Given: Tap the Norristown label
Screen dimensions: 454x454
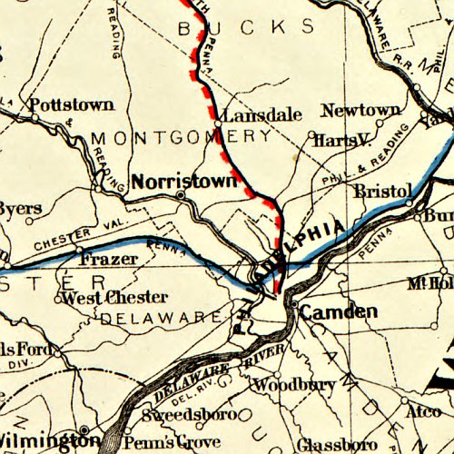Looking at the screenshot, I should (184, 181).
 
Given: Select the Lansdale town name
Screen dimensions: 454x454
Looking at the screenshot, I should (262, 116).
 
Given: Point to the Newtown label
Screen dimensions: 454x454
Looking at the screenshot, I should (360, 110).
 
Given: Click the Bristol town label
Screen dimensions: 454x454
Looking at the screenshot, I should (382, 192).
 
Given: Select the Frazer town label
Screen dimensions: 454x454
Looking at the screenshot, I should (109, 259).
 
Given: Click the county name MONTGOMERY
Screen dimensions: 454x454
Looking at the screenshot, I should (181, 137).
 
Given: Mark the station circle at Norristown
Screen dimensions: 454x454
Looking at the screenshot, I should (181, 195).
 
